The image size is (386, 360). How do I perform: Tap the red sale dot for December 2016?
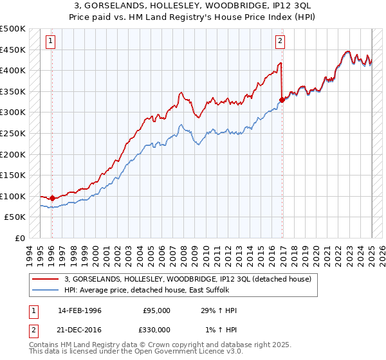point(282,100)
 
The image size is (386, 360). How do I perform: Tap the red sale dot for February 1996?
point(52,198)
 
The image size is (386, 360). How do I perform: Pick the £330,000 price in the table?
point(156,329)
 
